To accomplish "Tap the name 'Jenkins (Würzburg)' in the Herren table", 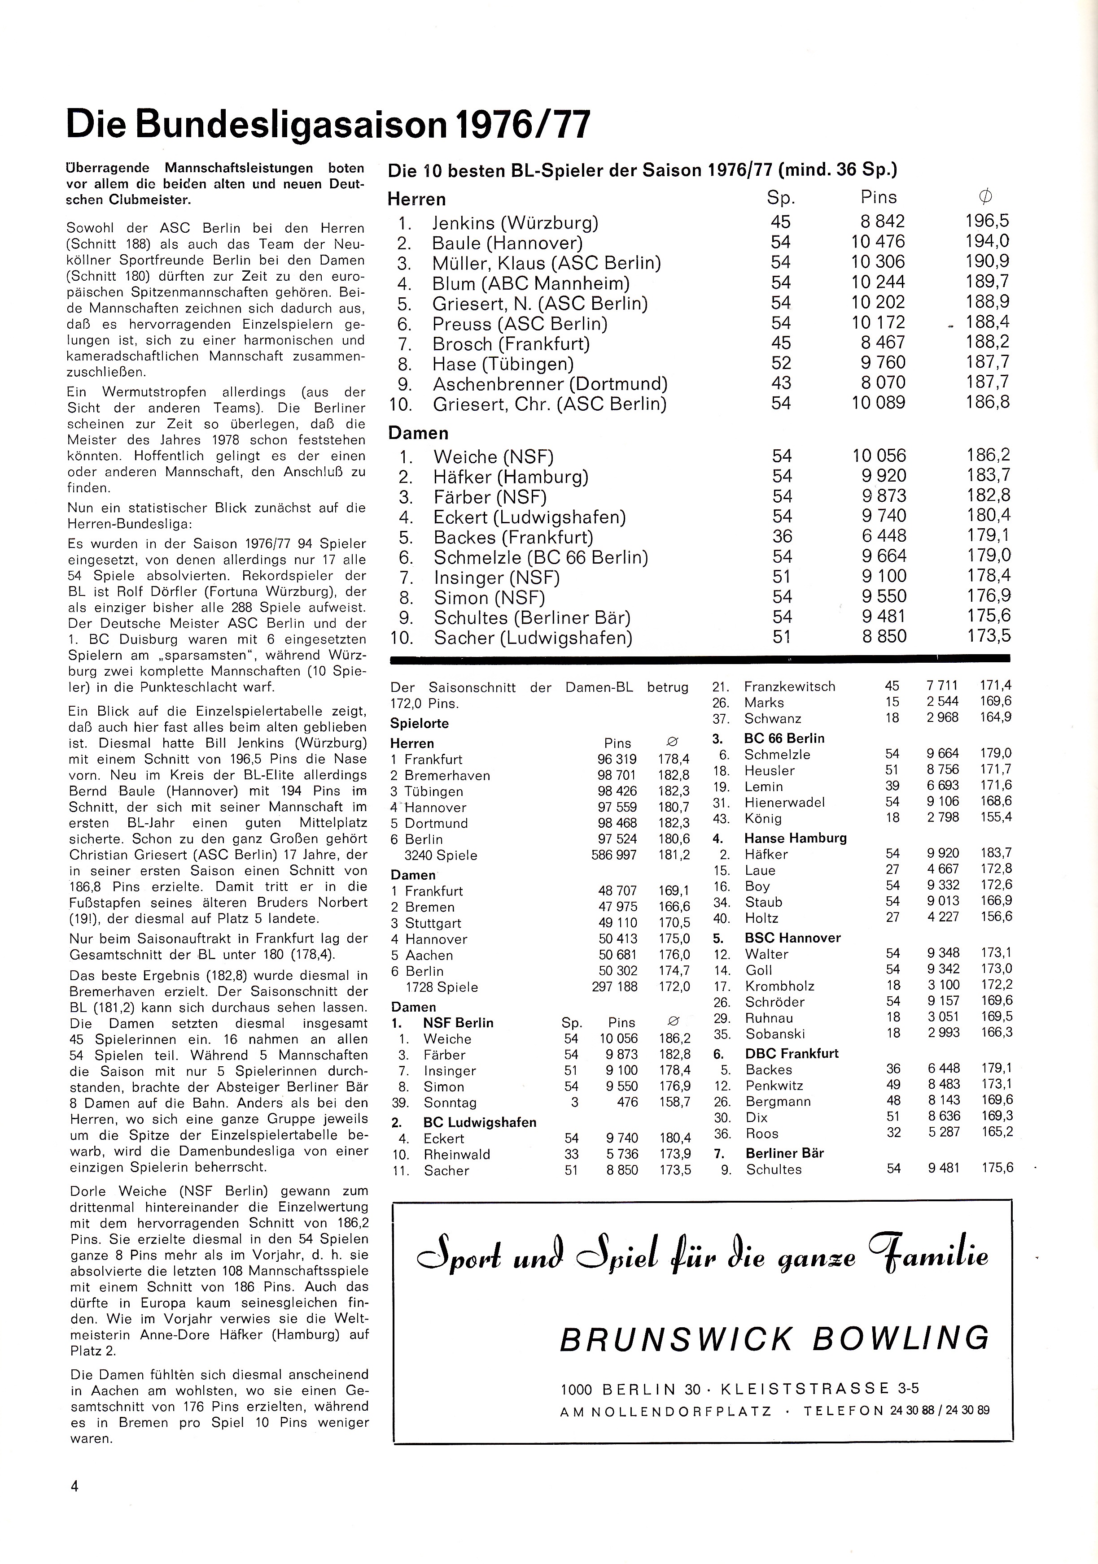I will [515, 223].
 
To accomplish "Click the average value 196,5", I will [987, 222].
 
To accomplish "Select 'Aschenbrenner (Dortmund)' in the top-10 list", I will [550, 383].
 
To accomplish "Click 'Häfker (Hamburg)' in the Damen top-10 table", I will [511, 476].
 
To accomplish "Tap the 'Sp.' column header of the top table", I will [780, 198].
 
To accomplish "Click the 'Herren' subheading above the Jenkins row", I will [416, 200].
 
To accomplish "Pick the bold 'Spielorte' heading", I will [419, 723].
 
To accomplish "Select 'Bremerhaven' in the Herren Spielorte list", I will [446, 775].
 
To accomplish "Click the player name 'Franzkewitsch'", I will [789, 686].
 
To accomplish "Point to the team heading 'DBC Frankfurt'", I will [791, 1053].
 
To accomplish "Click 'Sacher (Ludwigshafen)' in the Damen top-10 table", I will [533, 638].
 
